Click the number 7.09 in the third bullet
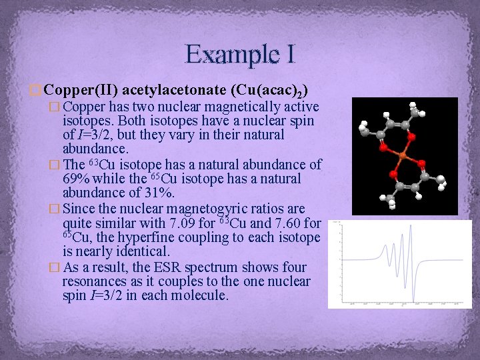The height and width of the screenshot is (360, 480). pos(193,223)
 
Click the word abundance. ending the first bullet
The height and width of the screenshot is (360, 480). pos(95,149)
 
